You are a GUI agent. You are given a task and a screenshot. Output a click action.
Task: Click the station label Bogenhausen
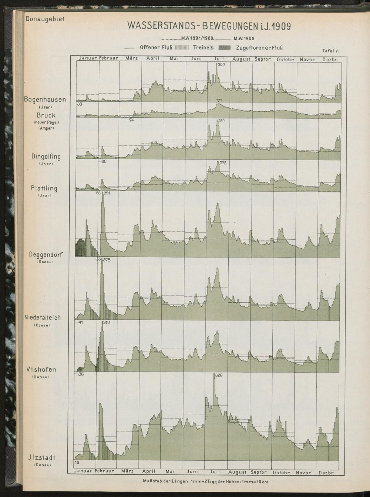[45, 100]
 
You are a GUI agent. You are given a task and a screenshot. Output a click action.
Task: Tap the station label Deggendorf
[46, 254]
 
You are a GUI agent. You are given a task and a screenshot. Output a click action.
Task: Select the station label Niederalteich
[43, 317]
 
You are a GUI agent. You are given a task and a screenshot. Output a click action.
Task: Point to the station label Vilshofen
[41, 369]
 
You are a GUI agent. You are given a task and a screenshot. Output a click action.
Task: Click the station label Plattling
[44, 188]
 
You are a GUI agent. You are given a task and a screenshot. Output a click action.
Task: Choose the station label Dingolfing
[46, 157]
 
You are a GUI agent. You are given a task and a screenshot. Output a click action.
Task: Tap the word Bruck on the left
[46, 115]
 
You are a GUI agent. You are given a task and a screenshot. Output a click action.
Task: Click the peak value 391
[107, 193]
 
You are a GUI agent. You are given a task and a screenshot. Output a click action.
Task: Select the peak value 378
[107, 260]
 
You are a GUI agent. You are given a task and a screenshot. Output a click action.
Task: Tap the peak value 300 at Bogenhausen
[221, 65]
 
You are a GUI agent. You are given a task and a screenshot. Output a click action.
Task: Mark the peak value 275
[223, 163]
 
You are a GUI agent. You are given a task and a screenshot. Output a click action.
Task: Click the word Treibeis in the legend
[203, 47]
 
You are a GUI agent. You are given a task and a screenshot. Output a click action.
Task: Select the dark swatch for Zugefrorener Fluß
[224, 47]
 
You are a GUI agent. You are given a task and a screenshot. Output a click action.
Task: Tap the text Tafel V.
[330, 51]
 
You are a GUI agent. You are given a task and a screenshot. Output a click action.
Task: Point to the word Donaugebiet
[45, 19]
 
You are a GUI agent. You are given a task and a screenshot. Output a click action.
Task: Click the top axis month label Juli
[219, 58]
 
